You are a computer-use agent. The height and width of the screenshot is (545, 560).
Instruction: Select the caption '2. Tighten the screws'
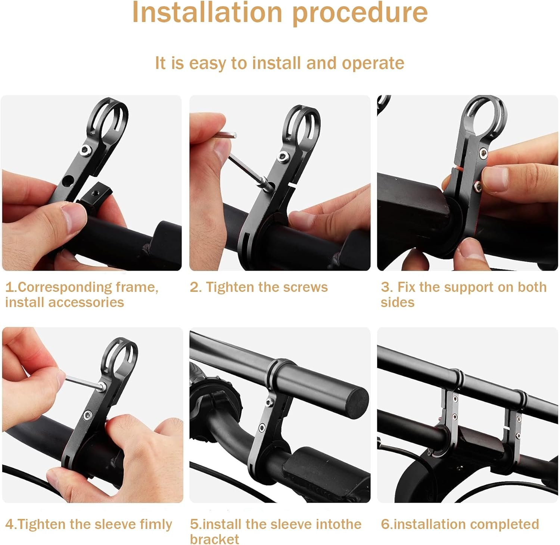tap(258, 287)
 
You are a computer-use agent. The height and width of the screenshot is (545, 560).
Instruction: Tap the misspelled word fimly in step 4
tap(156, 524)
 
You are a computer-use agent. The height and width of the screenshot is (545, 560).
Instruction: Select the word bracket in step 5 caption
tap(214, 539)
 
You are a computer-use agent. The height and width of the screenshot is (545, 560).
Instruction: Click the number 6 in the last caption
tap(385, 524)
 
